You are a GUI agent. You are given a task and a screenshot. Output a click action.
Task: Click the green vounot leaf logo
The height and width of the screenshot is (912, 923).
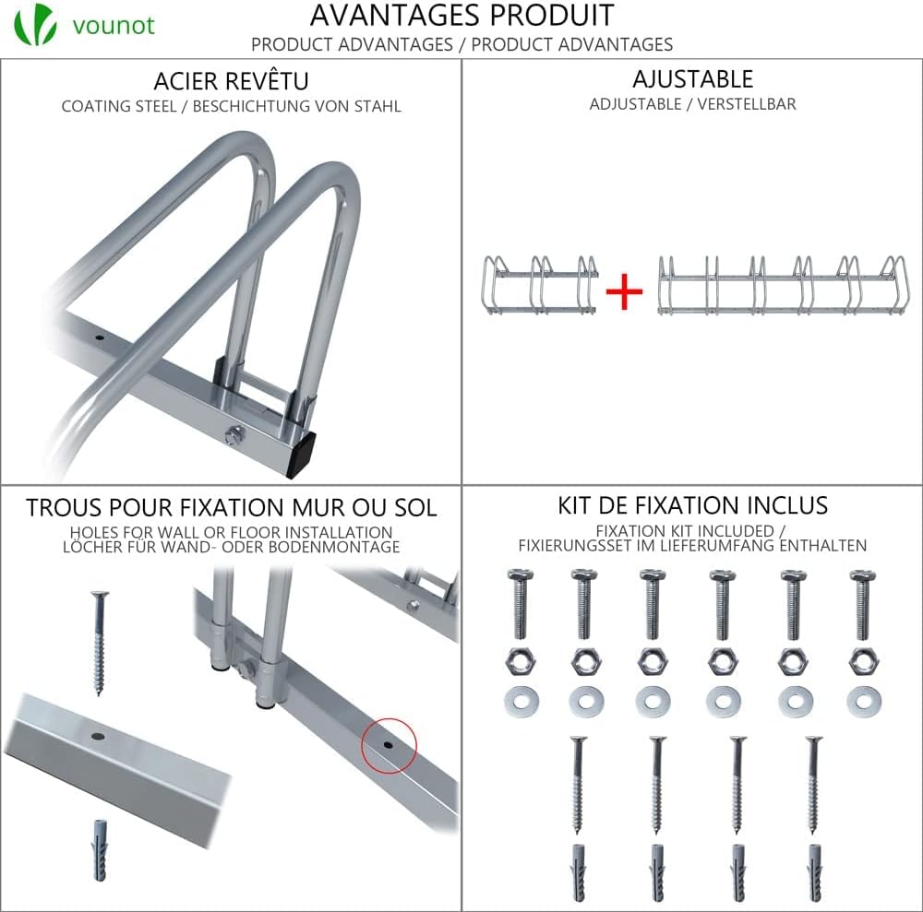click(x=35, y=24)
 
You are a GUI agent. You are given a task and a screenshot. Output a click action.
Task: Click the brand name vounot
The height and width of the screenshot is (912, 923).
click(x=114, y=25)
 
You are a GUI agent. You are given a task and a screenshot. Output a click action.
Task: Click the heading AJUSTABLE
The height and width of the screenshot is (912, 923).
click(x=693, y=78)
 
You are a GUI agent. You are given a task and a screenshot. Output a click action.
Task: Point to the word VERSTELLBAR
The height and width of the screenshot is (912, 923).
click(x=747, y=104)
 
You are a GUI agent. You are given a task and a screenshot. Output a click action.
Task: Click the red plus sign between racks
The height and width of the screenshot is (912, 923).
click(x=624, y=291)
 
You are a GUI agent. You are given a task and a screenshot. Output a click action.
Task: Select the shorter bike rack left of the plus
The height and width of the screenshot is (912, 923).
click(x=540, y=285)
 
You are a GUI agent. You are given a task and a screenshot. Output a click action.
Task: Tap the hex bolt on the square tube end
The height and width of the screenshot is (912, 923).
click(x=234, y=436)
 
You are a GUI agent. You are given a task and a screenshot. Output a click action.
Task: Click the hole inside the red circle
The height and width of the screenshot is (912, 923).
click(x=388, y=744)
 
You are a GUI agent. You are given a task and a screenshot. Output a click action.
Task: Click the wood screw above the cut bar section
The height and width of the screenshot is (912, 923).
click(x=100, y=644)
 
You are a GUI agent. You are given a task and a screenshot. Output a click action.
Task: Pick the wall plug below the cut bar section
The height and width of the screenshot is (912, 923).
click(x=100, y=849)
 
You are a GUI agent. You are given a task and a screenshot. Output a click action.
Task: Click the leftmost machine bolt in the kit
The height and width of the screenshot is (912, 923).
click(x=520, y=603)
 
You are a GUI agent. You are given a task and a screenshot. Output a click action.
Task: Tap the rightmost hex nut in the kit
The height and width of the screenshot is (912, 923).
click(x=864, y=661)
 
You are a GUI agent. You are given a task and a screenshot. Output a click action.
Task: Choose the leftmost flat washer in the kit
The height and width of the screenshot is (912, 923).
click(x=521, y=701)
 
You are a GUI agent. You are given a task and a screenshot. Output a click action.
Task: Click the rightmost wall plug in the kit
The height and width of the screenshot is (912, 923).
click(x=815, y=873)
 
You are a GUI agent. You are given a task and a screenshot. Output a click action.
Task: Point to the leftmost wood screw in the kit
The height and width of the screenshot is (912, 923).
click(x=578, y=785)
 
